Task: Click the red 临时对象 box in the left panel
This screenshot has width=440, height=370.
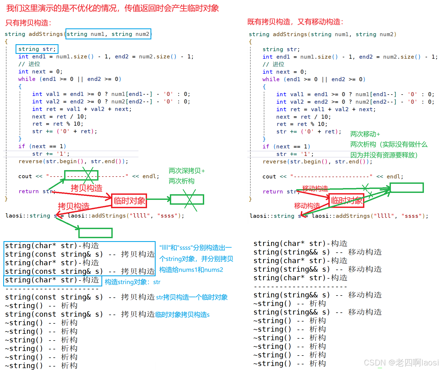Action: coord(129,201)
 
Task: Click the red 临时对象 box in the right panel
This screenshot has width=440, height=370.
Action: coord(346,200)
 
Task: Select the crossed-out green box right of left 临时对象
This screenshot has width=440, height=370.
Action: coord(187,199)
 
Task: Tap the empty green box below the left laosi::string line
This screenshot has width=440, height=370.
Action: coord(96,233)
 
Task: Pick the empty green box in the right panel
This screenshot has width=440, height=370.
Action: coord(406,188)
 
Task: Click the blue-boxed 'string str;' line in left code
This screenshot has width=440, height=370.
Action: coord(37,49)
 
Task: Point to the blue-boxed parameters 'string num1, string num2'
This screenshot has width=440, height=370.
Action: coord(108,34)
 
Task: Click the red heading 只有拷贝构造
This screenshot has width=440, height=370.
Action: coord(28,23)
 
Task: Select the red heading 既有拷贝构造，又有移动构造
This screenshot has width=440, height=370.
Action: coord(295,22)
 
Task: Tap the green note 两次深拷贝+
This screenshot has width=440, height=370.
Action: coord(186,171)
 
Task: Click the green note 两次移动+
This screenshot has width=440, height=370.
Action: coord(365,134)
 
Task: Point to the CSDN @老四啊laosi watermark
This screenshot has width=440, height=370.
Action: coord(401,362)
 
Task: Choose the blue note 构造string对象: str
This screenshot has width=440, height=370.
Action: coord(133,282)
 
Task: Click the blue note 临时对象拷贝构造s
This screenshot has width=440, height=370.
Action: coord(182,315)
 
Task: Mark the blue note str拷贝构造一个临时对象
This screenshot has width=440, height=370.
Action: coord(192,297)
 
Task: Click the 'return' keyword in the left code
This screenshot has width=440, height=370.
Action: coord(29,191)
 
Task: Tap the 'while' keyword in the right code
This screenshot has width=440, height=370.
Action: coord(271,79)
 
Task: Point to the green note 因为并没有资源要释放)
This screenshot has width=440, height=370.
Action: coord(384,155)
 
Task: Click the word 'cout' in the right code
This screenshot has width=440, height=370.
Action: coord(269,176)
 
